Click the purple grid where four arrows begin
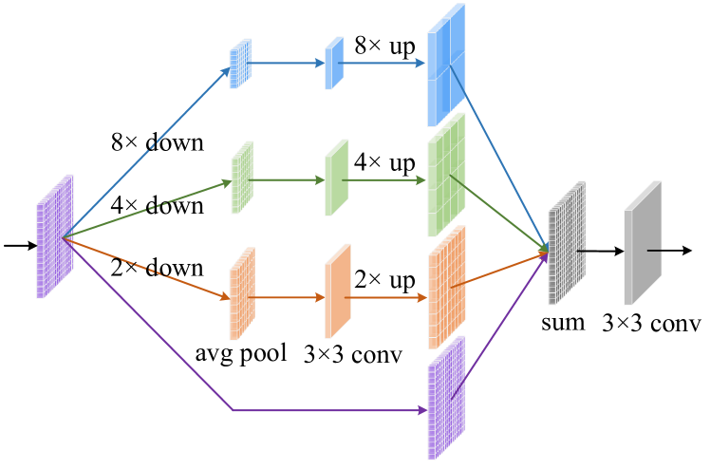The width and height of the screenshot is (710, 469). tap(54, 236)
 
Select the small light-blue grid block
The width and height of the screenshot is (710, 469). tap(239, 64)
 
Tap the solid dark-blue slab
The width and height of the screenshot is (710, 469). tap(334, 64)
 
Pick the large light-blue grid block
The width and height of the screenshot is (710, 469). tap(445, 65)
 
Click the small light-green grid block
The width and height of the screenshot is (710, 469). tap(241, 178)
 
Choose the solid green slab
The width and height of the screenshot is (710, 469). tap(336, 178)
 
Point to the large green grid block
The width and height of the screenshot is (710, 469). tap(445, 175)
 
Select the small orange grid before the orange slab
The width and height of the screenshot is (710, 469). tap(241, 293)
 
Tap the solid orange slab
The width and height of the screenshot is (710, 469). tap(337, 291)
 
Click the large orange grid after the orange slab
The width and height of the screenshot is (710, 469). tap(445, 288)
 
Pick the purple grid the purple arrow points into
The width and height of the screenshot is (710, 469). tap(445, 398)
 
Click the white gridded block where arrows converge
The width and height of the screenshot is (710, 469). tap(566, 243)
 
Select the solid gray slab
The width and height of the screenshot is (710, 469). tap(642, 243)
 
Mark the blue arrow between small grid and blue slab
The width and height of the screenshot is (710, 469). tap(289, 64)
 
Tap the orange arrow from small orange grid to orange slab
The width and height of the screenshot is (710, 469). tap(289, 297)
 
